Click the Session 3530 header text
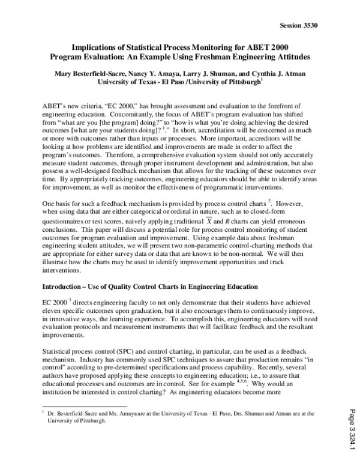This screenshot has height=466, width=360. click(298, 25)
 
